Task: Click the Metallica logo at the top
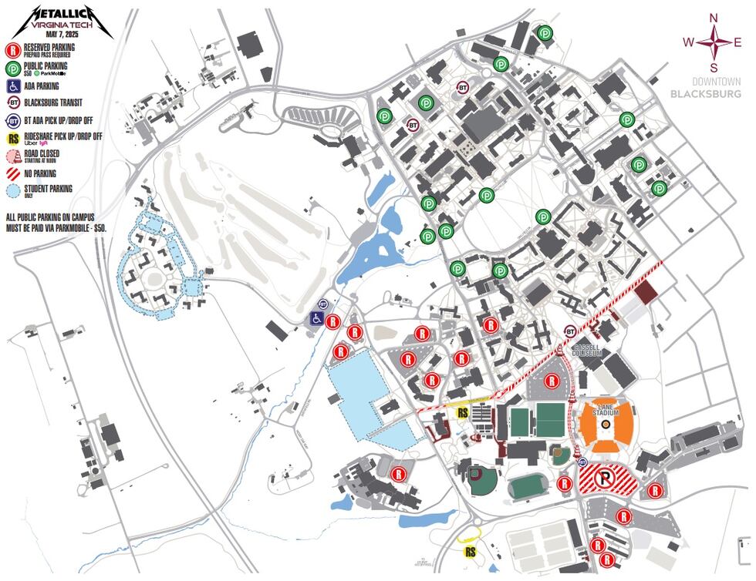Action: tap(62, 13)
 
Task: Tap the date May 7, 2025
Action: tap(62, 34)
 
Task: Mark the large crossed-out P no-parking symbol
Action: tap(607, 479)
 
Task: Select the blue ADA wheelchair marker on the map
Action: tap(317, 317)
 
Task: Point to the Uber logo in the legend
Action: tap(32, 143)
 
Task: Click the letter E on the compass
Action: tap(737, 42)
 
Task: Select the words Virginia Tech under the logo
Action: tap(62, 25)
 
